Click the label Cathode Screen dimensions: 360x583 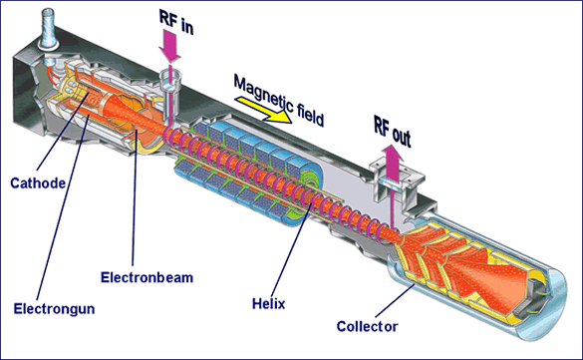pos(37,182)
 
